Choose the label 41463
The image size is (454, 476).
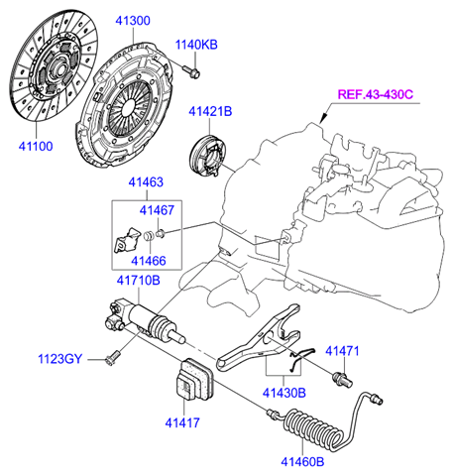(x=146, y=182)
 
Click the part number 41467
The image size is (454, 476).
(x=156, y=209)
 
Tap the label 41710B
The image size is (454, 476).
(x=138, y=281)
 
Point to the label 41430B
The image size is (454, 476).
(x=285, y=393)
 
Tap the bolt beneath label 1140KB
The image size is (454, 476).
(x=193, y=70)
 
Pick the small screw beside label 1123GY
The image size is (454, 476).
(x=111, y=358)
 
